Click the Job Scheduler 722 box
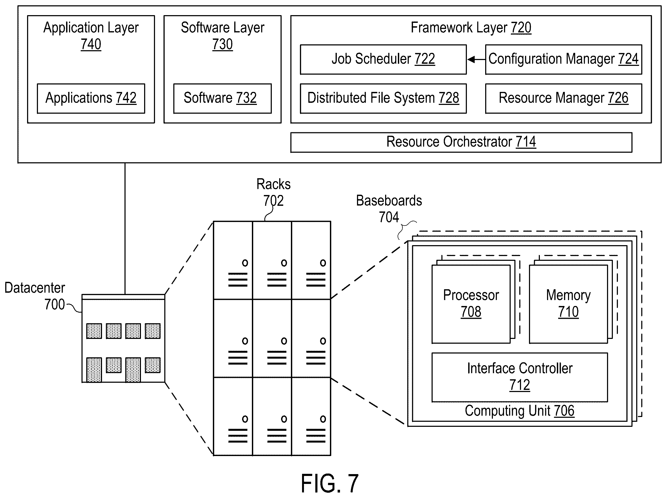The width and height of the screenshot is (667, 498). pos(383,59)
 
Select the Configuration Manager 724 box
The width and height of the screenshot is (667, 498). pos(563,59)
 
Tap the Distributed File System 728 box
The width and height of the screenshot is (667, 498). pos(383,98)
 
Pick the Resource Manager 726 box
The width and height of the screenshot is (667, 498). pos(563,98)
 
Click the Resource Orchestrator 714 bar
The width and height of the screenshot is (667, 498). pos(461,142)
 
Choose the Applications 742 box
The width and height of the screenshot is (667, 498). pos(91,98)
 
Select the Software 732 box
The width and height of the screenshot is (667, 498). pos(222,98)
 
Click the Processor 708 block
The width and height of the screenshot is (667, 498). pos(471,304)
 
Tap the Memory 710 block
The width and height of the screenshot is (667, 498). pos(568,304)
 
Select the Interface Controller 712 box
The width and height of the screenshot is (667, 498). pos(520,377)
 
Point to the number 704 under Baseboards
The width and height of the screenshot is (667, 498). pos(389,217)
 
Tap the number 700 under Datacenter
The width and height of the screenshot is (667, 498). pos(54,304)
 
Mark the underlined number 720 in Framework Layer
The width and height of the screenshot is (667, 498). pos(521,28)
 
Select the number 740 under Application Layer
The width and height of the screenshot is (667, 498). pos(91,44)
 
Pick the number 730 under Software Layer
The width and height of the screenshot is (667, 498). pos(222,44)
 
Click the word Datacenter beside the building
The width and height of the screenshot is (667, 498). pos(35,288)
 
